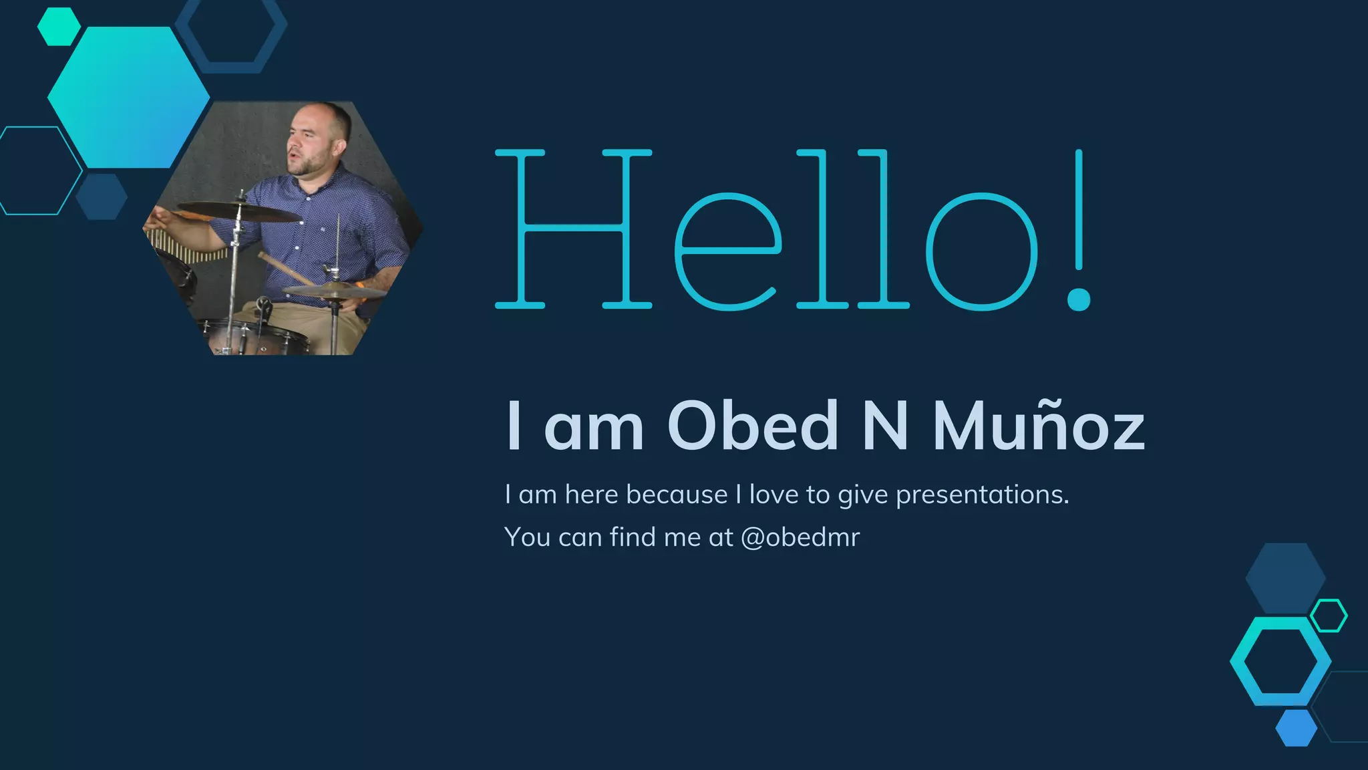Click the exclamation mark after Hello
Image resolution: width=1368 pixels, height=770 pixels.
coord(1079,231)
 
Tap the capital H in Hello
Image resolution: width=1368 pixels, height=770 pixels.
coord(573,229)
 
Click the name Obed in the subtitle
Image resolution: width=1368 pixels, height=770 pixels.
coord(753,426)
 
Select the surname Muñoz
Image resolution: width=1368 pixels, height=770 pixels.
coord(1038,426)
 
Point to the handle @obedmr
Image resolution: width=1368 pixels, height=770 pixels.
coord(800,537)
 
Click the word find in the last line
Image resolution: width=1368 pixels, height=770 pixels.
coord(628,537)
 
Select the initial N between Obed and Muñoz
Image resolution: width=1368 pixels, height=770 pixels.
coord(885,426)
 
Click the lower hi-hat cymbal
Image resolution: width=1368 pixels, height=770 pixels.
coord(334,291)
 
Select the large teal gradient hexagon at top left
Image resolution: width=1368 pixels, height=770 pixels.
coord(128,98)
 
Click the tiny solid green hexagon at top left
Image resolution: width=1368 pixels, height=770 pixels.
coord(59,27)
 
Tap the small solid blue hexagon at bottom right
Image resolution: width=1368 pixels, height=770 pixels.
coord(1296,728)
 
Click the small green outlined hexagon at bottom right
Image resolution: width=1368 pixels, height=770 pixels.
coord(1329,616)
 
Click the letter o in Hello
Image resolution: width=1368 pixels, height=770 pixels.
coord(981,251)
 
